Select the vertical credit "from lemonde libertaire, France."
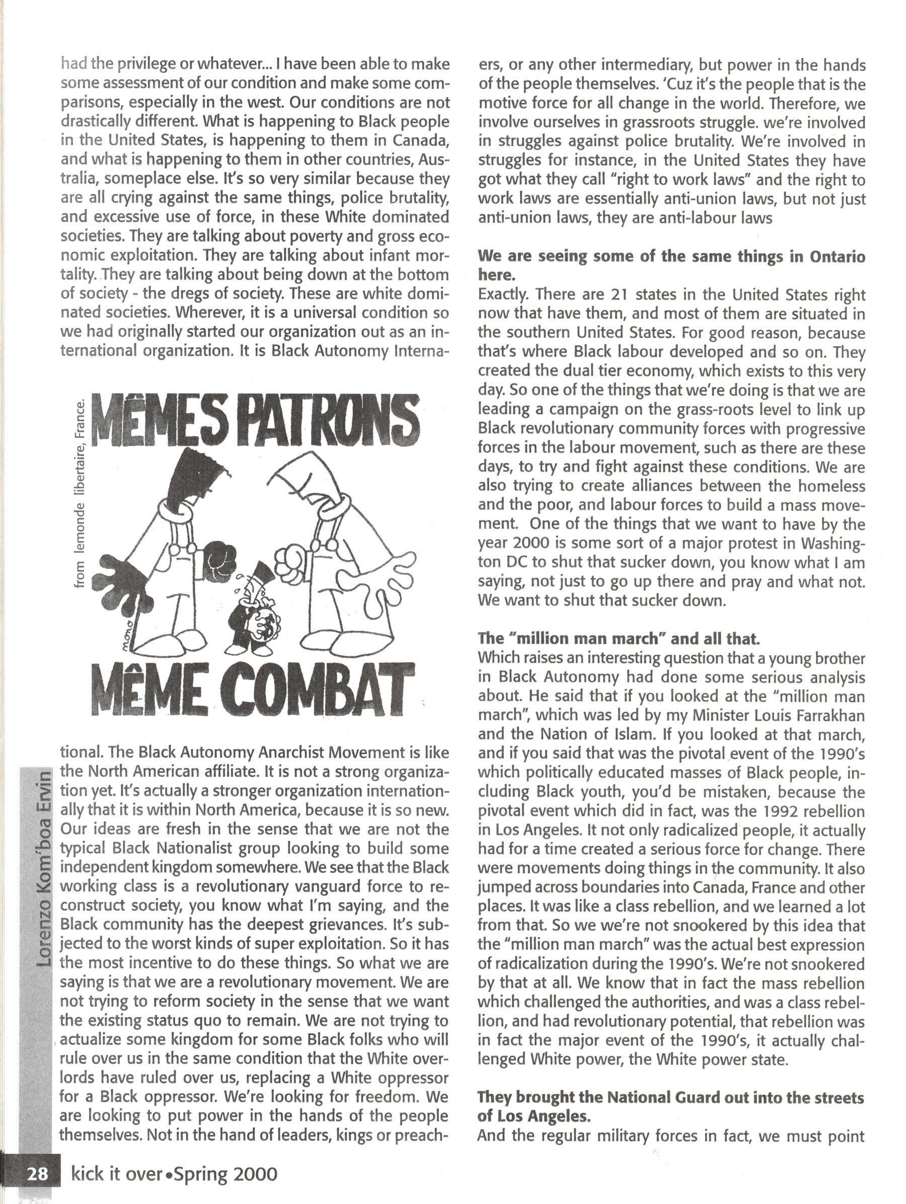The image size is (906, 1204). click(x=81, y=494)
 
